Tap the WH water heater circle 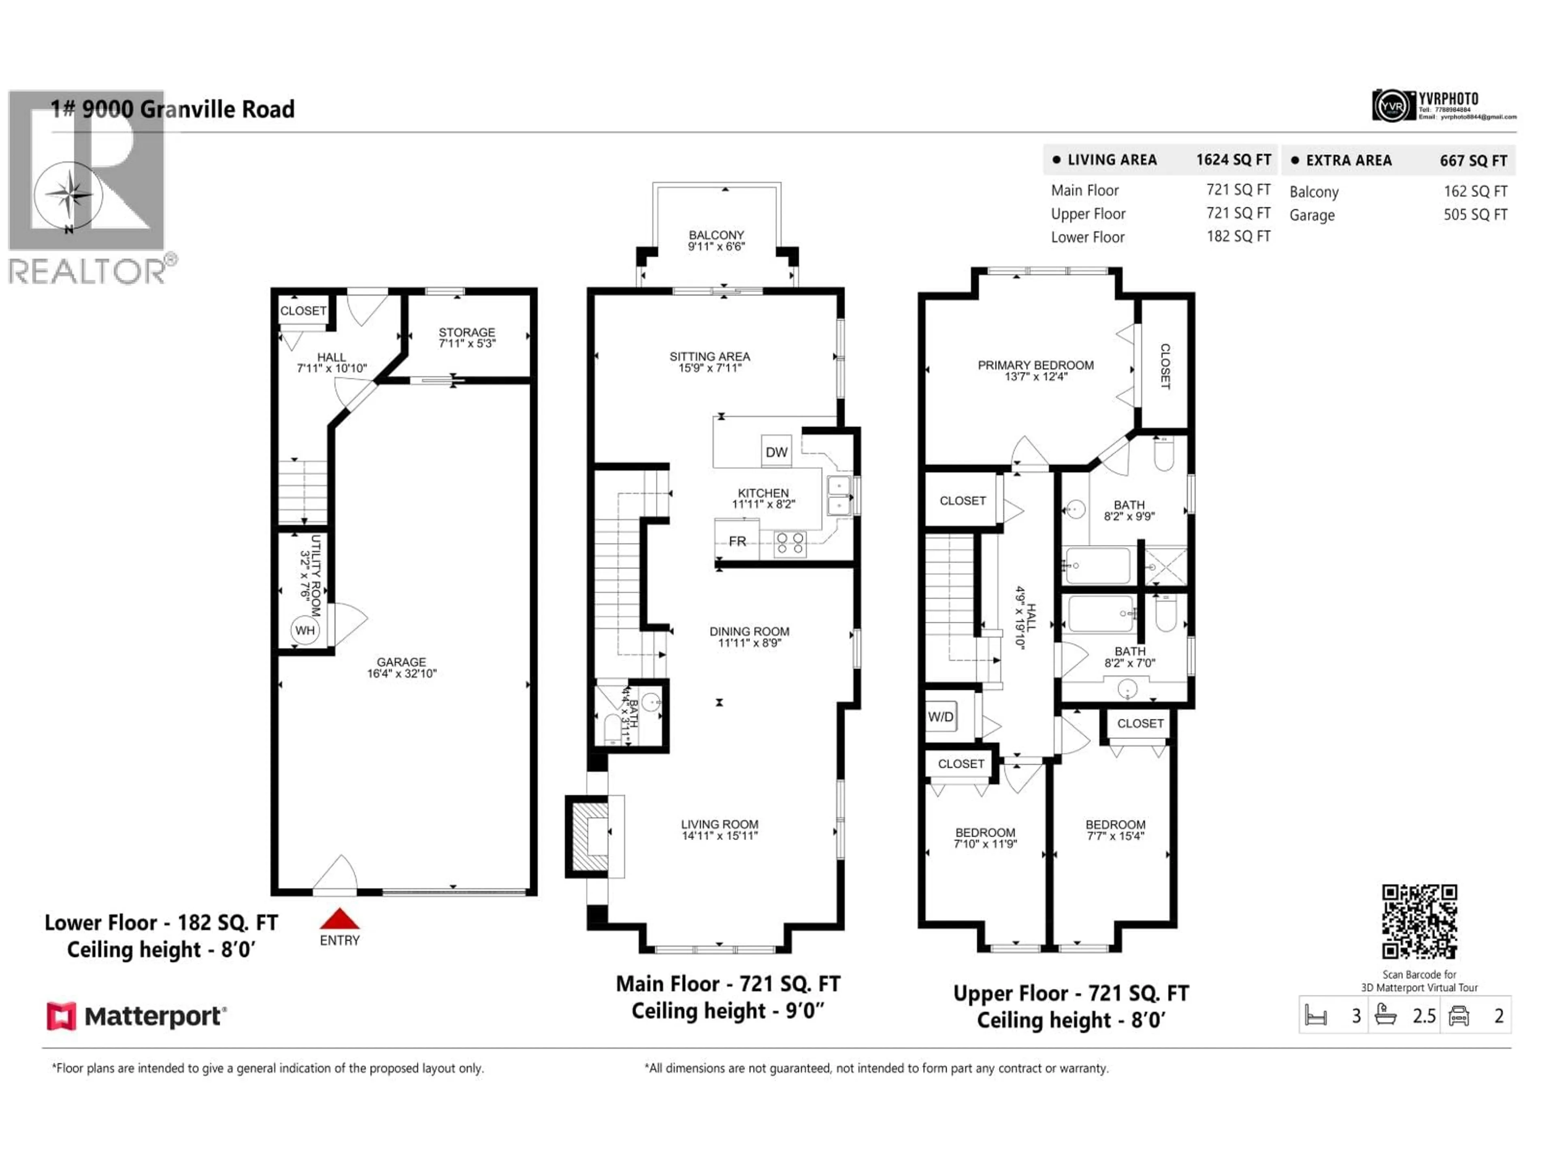click(x=305, y=630)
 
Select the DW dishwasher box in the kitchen click(x=776, y=452)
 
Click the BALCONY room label click(x=716, y=235)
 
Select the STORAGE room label click(x=467, y=332)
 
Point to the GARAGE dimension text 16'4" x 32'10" click(x=401, y=673)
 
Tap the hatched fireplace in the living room click(x=589, y=836)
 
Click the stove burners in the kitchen click(x=790, y=543)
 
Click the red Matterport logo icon click(x=61, y=1016)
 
